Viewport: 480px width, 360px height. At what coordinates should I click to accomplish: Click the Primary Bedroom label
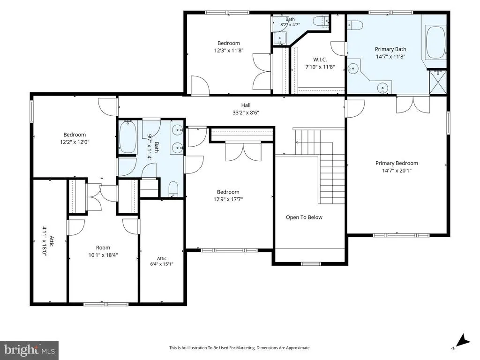click(397, 163)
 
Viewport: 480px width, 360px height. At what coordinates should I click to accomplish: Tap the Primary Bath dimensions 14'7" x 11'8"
click(390, 56)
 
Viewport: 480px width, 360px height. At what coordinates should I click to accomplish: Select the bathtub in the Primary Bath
click(435, 43)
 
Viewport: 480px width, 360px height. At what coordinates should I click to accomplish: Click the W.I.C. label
click(320, 60)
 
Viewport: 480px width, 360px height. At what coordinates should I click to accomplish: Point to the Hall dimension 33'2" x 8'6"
click(246, 112)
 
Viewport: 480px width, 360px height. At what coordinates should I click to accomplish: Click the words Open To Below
click(304, 217)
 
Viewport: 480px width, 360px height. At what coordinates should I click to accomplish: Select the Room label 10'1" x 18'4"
click(103, 251)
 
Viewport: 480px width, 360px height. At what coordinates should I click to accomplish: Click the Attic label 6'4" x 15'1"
click(162, 261)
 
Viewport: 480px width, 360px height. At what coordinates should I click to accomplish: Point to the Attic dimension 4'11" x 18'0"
click(45, 241)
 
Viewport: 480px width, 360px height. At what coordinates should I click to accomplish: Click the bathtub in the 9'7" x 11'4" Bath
click(128, 137)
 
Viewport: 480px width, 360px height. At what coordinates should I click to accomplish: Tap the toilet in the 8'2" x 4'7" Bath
click(321, 21)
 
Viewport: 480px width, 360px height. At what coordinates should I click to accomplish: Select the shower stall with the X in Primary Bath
click(437, 82)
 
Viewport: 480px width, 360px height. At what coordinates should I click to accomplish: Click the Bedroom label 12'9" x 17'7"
click(228, 195)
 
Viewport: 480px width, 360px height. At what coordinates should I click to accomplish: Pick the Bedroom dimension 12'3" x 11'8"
click(229, 51)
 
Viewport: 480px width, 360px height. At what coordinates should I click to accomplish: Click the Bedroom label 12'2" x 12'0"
click(75, 138)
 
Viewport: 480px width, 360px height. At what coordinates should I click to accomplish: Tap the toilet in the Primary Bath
click(355, 24)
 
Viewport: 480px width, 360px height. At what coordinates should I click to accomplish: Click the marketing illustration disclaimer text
click(240, 348)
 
